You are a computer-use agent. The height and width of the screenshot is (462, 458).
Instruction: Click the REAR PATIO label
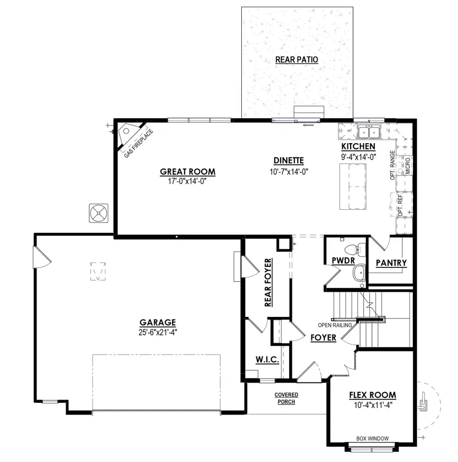297,60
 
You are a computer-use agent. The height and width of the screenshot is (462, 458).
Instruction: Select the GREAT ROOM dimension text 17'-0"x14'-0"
181,180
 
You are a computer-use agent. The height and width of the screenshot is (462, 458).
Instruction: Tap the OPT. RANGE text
393,165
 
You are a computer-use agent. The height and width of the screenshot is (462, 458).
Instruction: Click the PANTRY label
391,263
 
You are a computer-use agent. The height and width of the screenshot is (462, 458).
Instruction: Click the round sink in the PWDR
359,273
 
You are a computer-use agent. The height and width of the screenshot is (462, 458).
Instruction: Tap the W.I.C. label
267,360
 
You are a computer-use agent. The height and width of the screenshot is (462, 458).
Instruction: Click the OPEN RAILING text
335,325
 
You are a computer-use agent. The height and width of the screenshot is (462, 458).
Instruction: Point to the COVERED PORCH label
286,398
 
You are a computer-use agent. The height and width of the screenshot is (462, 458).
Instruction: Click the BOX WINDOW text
373,438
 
